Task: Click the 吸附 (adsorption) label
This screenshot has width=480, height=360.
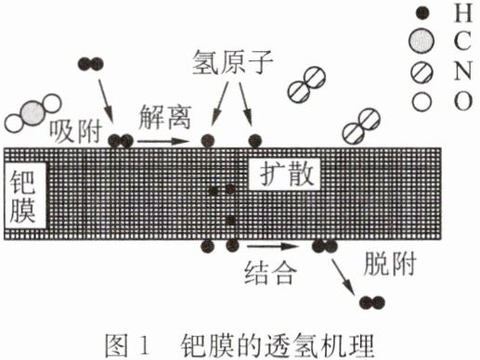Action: [76, 132]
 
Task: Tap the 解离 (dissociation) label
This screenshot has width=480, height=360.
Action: [164, 117]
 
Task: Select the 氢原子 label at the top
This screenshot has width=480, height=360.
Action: [233, 62]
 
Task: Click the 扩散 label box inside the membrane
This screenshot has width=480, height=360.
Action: [284, 174]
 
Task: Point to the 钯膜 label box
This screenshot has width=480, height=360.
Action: [25, 196]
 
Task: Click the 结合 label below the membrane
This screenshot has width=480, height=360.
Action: [269, 273]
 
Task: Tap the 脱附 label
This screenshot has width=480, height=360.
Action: [390, 264]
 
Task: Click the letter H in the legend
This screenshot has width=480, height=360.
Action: [463, 14]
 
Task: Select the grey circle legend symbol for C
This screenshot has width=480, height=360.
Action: [421, 41]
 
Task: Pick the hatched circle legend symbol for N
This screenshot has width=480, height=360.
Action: [422, 72]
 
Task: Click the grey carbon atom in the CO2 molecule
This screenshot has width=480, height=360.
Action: [32, 112]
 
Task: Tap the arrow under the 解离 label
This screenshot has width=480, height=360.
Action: [162, 141]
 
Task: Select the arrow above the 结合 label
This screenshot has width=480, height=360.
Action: [273, 246]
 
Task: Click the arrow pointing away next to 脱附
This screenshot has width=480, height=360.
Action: [343, 275]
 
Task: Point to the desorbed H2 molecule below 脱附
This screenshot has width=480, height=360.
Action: [372, 302]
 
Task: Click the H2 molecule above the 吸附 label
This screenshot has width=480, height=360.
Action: [90, 64]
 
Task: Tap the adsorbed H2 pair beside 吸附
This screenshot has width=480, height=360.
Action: [121, 141]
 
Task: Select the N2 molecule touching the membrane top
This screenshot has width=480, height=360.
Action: [362, 126]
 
